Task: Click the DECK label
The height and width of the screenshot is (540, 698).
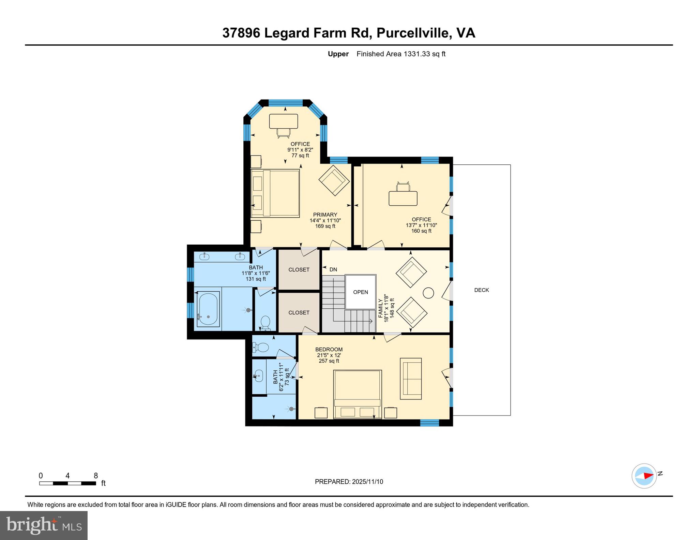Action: click(481, 290)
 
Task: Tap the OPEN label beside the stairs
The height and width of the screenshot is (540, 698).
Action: click(360, 292)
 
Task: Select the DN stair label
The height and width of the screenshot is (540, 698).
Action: click(333, 269)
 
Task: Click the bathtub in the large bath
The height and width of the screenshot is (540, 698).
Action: click(208, 310)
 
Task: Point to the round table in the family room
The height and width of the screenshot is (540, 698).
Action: click(428, 293)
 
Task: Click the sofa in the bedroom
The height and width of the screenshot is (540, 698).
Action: click(411, 378)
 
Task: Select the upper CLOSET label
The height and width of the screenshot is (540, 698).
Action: click(299, 269)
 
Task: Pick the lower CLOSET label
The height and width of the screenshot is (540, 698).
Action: click(299, 312)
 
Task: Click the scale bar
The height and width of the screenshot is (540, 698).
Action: click(67, 483)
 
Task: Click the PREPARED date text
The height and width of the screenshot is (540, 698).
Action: click(349, 482)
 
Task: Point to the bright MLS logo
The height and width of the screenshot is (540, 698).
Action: click(44, 525)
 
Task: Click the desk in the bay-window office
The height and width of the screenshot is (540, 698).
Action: click(284, 121)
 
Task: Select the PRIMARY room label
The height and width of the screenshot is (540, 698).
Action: click(325, 215)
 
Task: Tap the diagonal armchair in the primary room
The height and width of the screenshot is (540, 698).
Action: click(334, 180)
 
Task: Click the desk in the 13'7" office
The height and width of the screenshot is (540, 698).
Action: click(403, 198)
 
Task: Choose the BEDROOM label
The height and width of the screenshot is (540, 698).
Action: click(329, 349)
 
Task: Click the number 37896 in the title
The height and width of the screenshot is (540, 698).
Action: click(241, 33)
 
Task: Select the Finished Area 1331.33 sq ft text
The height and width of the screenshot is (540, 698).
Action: click(401, 54)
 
